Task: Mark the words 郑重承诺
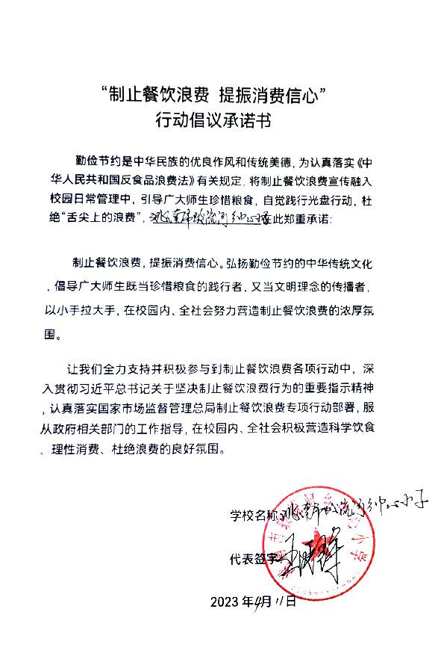[x=302, y=219]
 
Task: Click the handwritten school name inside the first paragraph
[x=203, y=218]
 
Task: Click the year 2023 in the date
[x=225, y=602]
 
